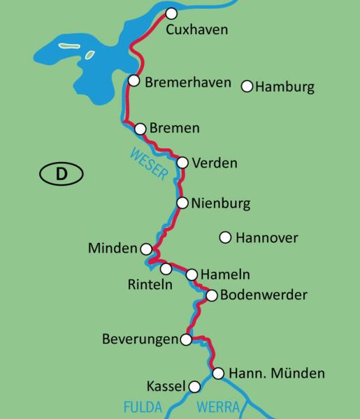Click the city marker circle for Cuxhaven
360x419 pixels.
point(171,13)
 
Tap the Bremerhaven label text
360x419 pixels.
point(187,82)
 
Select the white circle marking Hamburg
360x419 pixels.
point(246,86)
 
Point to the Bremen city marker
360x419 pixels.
point(140,128)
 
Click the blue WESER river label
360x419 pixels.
point(149,163)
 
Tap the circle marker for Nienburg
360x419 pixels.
point(182,203)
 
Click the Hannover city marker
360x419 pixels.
point(225,237)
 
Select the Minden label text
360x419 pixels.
point(113,249)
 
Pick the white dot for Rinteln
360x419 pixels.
point(166,269)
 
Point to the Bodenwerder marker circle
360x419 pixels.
point(212,295)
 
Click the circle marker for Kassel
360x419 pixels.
point(194,386)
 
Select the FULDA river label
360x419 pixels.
point(143,406)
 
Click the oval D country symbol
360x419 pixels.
point(61,173)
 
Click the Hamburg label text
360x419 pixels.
point(285,87)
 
